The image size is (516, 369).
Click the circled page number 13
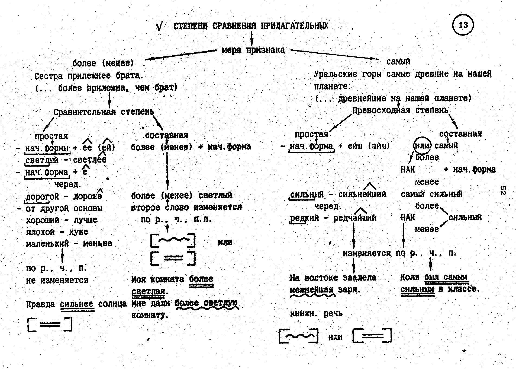(463, 25)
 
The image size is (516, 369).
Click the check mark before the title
(160, 26)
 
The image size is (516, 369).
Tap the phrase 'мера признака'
(253, 50)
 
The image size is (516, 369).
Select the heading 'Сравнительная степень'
(104, 112)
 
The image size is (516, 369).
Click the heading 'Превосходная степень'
(400, 110)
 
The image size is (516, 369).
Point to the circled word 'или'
(422, 146)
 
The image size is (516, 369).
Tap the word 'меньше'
(97, 243)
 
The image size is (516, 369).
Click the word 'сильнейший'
(362, 194)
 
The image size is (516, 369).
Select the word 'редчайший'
(355, 218)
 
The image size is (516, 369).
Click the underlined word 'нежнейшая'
(311, 290)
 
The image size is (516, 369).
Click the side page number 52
(503, 190)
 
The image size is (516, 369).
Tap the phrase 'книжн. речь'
(316, 314)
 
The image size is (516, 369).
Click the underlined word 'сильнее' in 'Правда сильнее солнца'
(77, 304)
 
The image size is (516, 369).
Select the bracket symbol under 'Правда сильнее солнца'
(50, 325)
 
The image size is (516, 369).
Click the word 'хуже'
(78, 232)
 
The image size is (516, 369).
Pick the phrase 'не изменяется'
(57, 280)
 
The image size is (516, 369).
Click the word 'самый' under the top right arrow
(398, 62)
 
